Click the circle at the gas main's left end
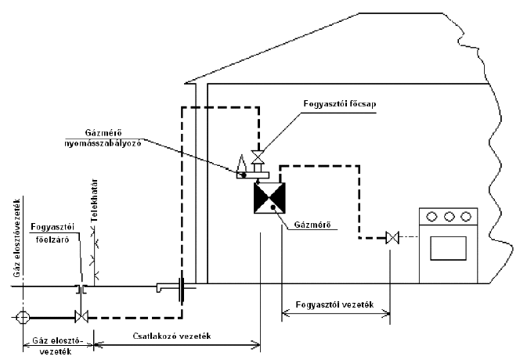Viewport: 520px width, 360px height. coord(23,317)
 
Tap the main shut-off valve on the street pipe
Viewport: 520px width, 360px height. coord(80,317)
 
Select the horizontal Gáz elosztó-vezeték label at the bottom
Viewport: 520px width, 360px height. coord(53,346)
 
